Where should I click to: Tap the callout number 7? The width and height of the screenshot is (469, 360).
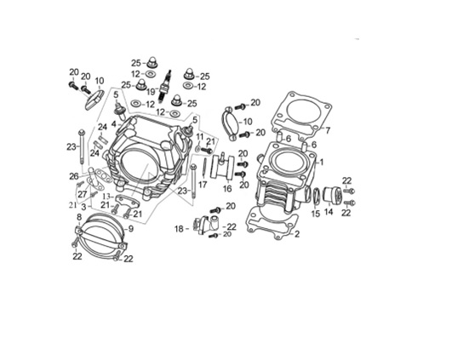pos(328,130)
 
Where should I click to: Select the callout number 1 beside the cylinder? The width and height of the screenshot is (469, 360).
pos(322,163)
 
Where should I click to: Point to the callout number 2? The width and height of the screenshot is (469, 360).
pos(297,234)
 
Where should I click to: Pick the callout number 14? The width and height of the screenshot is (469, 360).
pos(329,212)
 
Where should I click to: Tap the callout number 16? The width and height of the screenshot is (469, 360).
pos(227,189)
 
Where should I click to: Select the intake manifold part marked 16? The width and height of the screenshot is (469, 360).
pos(222,168)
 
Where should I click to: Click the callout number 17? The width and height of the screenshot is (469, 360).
pos(203,185)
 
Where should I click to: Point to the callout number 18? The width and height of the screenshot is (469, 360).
pos(179,229)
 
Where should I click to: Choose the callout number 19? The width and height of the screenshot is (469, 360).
pos(151,92)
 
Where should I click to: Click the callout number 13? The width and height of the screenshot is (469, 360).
pos(106,197)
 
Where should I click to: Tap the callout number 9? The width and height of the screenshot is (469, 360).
pos(131,229)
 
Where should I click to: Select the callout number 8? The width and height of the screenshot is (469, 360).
pos(79,216)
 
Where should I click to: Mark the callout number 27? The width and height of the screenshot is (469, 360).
pos(83,194)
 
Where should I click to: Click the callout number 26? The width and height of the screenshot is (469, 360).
pos(74,176)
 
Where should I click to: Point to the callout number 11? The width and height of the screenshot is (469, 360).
pos(200,137)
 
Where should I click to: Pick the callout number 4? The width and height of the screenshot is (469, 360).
pos(114,123)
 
